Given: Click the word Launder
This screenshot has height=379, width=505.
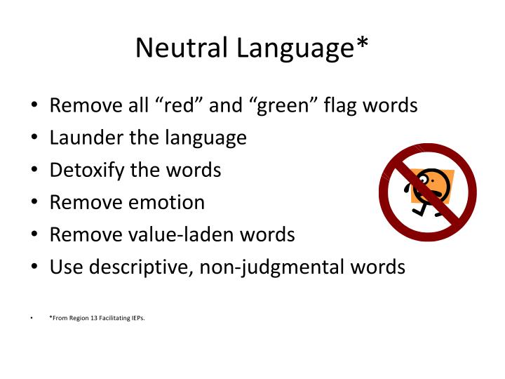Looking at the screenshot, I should tap(86, 138).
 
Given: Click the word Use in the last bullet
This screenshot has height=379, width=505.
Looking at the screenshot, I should tap(65, 267).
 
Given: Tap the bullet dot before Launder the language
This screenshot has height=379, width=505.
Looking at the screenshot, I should tap(33, 138).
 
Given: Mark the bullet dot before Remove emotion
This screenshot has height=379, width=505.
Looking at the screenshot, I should tap(33, 203).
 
